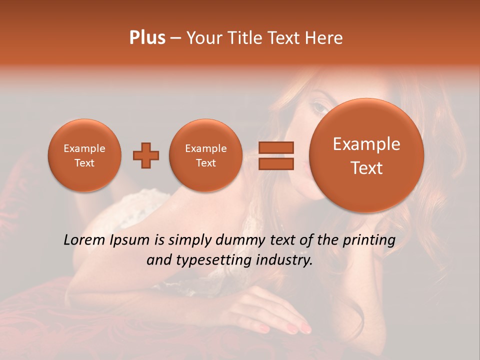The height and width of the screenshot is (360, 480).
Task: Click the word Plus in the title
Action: pos(147,38)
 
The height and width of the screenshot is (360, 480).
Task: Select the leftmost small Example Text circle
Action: pos(84,155)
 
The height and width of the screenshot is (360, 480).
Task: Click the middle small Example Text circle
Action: pos(205,155)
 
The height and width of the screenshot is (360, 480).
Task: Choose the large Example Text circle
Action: pos(366,155)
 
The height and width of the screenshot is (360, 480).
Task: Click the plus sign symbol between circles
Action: pos(146,155)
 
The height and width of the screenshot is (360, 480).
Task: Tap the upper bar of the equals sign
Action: pos(276,147)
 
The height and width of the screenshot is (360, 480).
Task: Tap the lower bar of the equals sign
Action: pos(276,163)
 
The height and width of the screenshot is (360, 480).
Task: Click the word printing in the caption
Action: pos(368,240)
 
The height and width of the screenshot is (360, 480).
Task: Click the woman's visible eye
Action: pos(318,106)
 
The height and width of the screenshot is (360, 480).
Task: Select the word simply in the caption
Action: pos(189,240)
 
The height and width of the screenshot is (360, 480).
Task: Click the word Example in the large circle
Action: pos(366,144)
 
